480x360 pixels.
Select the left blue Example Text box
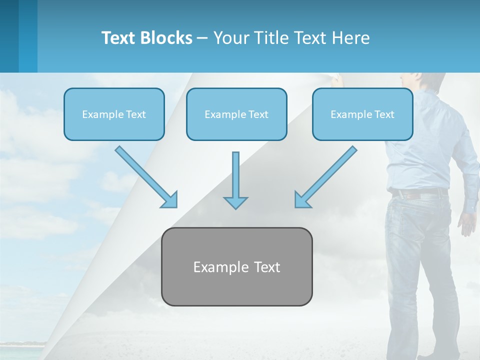point(114,114)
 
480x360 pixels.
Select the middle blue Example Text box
point(236,114)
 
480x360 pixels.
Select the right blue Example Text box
point(362,114)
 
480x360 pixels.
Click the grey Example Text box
point(236,266)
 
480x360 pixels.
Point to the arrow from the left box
point(145,176)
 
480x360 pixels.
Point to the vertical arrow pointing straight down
point(235,180)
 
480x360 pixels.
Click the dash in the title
point(202,38)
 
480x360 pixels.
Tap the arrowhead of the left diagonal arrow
point(170,200)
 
